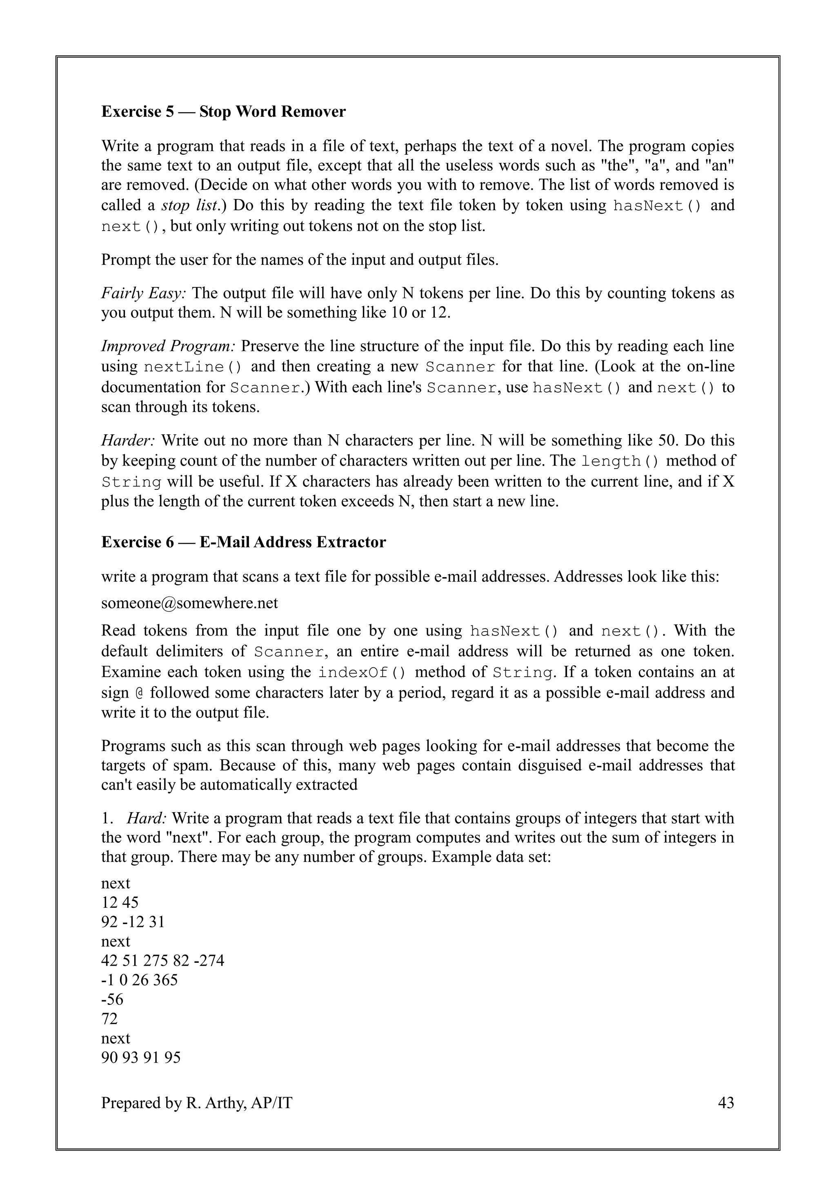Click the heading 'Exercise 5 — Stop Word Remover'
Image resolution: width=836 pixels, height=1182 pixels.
[x=223, y=112]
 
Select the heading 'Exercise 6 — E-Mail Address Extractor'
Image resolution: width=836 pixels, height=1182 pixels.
[x=243, y=542]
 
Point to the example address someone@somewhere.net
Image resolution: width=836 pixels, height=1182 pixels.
[x=189, y=603]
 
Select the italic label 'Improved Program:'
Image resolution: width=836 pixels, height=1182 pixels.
[x=168, y=346]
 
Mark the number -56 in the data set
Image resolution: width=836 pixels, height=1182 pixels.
[x=112, y=999]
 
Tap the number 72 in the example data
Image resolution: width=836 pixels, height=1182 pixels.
[x=110, y=1019]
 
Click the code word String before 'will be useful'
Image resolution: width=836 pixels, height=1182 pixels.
[x=131, y=482]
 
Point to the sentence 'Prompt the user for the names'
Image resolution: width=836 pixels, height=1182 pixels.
[x=300, y=260]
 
